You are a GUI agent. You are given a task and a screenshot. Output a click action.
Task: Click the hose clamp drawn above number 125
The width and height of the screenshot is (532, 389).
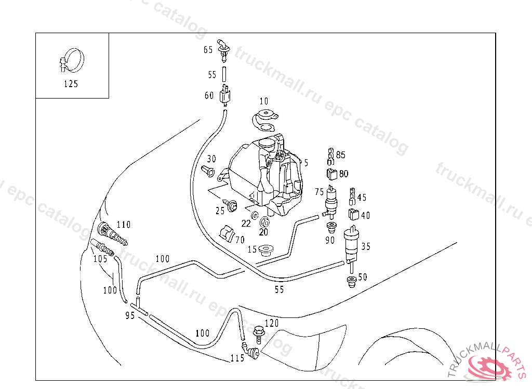click(x=72, y=61)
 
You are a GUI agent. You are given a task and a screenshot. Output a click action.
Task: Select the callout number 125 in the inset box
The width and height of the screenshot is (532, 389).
click(x=71, y=84)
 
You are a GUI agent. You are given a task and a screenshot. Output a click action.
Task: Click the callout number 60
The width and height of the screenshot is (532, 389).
click(x=209, y=95)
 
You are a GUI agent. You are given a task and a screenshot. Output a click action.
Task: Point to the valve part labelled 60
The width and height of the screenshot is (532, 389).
click(x=225, y=95)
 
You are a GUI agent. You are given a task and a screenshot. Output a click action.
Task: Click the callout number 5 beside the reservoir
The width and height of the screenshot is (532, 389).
click(x=307, y=163)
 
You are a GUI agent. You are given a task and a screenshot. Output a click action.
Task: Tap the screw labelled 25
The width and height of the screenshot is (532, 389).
click(x=231, y=204)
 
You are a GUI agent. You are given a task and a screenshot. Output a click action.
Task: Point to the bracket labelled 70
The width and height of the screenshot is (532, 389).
click(x=227, y=233)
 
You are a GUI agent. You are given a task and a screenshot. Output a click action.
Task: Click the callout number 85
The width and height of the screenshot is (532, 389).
click(x=341, y=155)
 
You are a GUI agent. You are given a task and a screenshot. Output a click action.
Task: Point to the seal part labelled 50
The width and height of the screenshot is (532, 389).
click(x=352, y=282)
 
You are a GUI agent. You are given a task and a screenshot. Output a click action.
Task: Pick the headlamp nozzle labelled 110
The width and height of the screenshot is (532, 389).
click(x=111, y=234)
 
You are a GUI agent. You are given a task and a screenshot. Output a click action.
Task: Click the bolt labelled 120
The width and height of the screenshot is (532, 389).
click(x=259, y=331)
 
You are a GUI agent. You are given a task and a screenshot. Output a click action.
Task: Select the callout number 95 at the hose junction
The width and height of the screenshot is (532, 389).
click(x=130, y=315)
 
